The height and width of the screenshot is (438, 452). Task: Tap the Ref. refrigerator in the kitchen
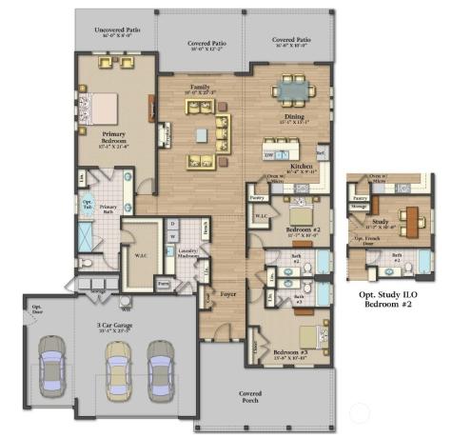(x=321, y=151)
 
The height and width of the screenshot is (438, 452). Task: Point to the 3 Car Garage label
(x=113, y=326)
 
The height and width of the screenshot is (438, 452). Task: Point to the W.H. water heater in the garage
(x=127, y=307)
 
